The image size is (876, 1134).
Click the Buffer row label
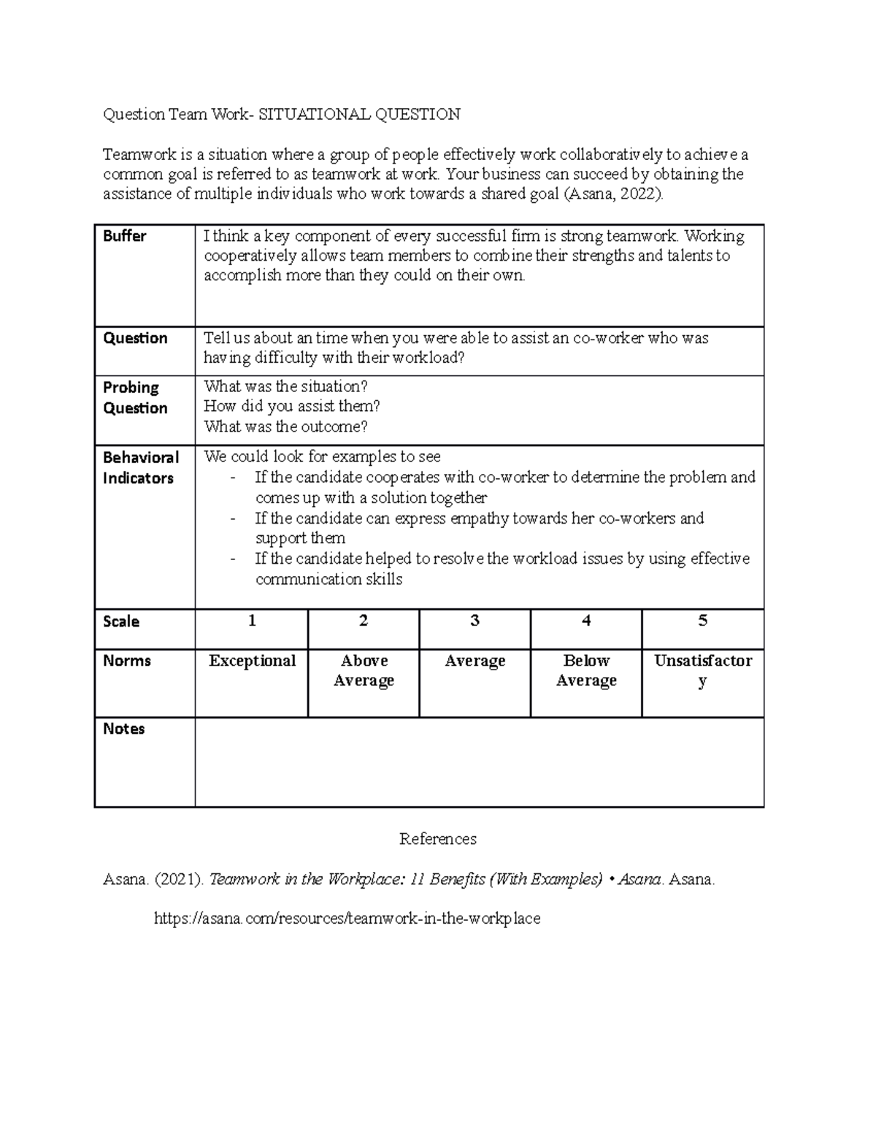tap(124, 236)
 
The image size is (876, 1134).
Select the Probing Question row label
tap(135, 398)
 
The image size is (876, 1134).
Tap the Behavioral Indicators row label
tap(140, 468)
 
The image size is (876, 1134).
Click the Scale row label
tap(121, 621)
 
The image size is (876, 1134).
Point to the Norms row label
tap(127, 661)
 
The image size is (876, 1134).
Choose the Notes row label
tap(124, 729)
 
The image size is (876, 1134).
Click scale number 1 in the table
tap(252, 621)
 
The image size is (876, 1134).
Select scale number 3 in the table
tap(474, 621)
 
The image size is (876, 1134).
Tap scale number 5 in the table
tap(702, 621)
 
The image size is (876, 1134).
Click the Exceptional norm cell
tap(252, 661)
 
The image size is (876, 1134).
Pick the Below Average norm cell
tap(586, 670)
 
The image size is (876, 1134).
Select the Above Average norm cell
tap(364, 670)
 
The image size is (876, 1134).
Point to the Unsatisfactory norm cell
tap(702, 670)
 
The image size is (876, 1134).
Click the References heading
tap(438, 839)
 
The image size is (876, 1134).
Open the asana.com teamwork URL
tap(347, 919)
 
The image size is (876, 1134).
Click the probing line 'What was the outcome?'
tap(285, 426)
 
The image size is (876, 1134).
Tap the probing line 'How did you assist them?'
tap(292, 406)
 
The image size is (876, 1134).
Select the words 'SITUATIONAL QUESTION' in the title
tap(360, 114)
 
